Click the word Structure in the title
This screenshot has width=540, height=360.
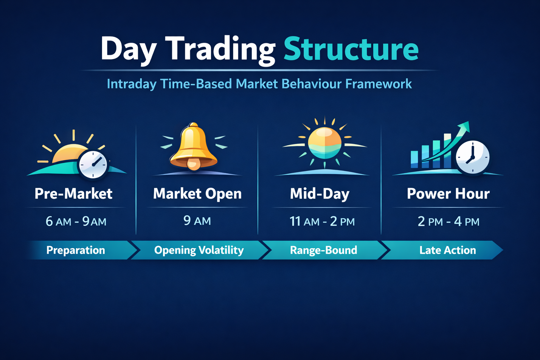351,49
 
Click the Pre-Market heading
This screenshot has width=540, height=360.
73,194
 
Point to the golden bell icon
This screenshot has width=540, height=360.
193,147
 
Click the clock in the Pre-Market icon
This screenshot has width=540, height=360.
93,165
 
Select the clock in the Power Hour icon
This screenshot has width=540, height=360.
472,157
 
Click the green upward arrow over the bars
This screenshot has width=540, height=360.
454,139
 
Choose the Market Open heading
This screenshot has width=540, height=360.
197,194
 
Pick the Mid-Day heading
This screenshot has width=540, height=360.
320,194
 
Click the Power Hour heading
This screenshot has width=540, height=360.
448,194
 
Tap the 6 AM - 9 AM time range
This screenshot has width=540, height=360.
76,221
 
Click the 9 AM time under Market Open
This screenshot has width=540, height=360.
197,221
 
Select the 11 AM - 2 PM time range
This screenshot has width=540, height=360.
322,221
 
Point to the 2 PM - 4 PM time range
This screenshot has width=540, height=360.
448,221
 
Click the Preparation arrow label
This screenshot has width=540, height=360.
76,250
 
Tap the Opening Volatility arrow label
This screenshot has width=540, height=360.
199,250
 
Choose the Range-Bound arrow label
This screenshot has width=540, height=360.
323,250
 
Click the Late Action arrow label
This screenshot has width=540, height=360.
448,250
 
